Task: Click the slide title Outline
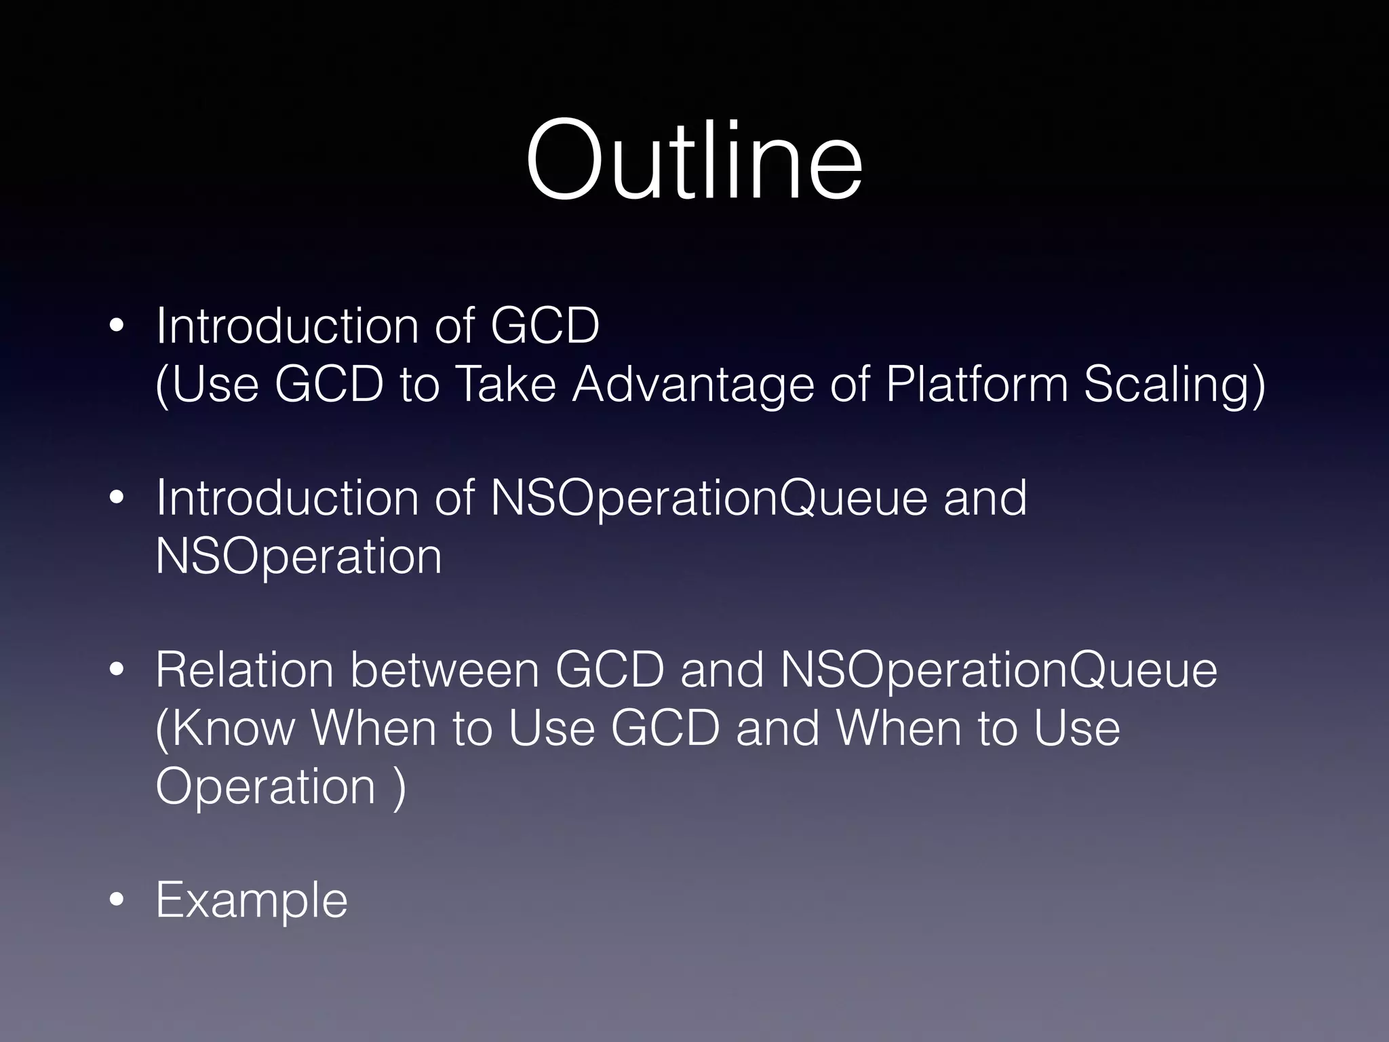[x=694, y=160]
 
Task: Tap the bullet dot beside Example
[x=117, y=900]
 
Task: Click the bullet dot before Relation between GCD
[x=117, y=670]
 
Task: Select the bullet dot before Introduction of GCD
[x=117, y=326]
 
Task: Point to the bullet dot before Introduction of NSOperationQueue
[x=117, y=497]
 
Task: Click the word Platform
[x=977, y=384]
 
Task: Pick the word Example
[x=252, y=901]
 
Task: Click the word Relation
[x=244, y=670]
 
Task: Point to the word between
[x=444, y=670]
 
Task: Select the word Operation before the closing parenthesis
[x=265, y=787]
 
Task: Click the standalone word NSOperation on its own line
[x=298, y=557]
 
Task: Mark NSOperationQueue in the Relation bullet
[x=998, y=671]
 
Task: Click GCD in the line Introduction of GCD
[x=545, y=326]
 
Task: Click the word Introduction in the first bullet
[x=288, y=326]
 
